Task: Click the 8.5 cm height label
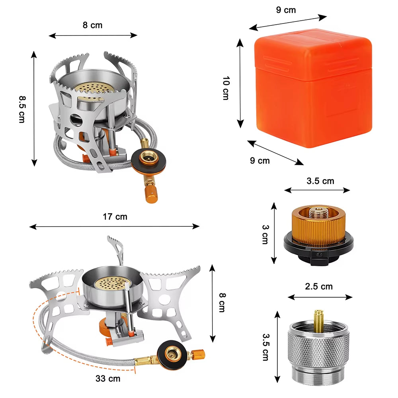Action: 21,108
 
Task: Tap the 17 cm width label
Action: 115,217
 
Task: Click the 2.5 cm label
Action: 318,286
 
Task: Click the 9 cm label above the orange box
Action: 286,10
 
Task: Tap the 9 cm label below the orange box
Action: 259,160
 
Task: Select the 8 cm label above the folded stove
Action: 92,25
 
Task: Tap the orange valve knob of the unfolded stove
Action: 198,353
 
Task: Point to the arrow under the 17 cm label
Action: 115,226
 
